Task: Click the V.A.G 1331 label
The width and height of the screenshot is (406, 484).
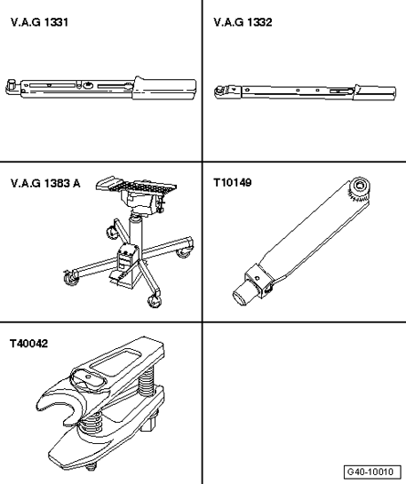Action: tap(39, 22)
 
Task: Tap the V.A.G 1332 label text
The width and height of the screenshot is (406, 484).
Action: tap(243, 22)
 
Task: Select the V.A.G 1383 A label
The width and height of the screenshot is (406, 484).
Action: tap(45, 184)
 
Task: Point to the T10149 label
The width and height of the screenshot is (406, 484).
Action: tap(233, 183)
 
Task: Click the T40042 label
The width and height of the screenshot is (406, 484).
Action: tap(28, 344)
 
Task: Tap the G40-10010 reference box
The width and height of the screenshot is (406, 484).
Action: tap(372, 472)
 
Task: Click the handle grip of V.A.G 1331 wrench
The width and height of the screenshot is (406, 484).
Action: tap(164, 88)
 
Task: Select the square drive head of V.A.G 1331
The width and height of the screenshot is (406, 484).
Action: tap(12, 85)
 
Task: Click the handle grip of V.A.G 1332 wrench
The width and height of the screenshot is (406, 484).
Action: tap(375, 92)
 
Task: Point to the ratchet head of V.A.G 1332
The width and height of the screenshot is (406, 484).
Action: tap(221, 91)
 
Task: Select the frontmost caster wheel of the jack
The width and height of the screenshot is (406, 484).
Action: tap(154, 301)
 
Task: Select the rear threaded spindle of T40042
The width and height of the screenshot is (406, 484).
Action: tap(146, 383)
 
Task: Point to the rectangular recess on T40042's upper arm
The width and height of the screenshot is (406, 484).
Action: tap(115, 361)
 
